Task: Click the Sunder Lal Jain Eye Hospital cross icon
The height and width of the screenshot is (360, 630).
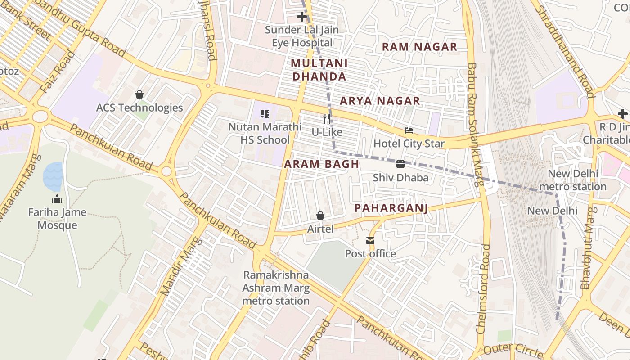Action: pyautogui.click(x=302, y=17)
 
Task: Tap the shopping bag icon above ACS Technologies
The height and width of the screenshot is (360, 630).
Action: pyautogui.click(x=139, y=94)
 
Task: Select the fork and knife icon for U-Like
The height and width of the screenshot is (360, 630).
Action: pyautogui.click(x=327, y=119)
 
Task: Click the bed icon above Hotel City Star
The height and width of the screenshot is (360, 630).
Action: pyautogui.click(x=409, y=130)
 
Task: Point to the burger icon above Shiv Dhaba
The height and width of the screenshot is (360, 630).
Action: pyautogui.click(x=400, y=164)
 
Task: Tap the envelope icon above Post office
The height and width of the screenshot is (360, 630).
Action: pyautogui.click(x=370, y=241)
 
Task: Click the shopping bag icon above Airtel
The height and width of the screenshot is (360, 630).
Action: pyautogui.click(x=320, y=216)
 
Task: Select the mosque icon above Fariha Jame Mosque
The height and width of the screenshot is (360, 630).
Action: pyautogui.click(x=57, y=199)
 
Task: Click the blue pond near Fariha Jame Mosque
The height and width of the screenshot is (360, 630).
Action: pyautogui.click(x=53, y=176)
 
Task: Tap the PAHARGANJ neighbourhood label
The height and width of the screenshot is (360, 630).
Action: pyautogui.click(x=391, y=208)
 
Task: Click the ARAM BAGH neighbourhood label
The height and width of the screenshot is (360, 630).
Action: pyautogui.click(x=322, y=164)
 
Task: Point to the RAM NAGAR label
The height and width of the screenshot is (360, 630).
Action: pyautogui.click(x=419, y=47)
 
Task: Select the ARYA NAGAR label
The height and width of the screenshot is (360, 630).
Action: pyautogui.click(x=380, y=101)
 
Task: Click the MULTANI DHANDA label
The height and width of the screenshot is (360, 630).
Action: pyautogui.click(x=319, y=70)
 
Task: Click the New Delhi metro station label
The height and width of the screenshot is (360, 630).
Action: pyautogui.click(x=573, y=180)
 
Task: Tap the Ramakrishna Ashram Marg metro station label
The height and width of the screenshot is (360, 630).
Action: pyautogui.click(x=276, y=288)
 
